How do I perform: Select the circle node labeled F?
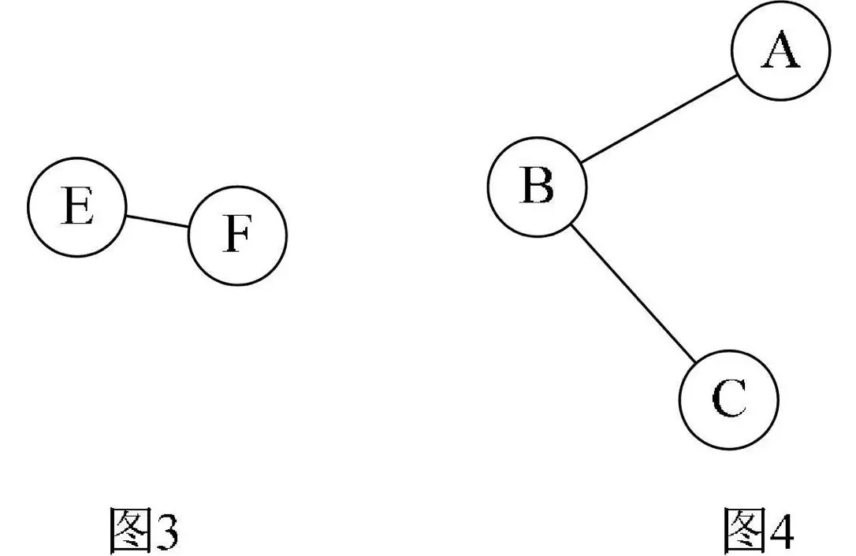point(237,235)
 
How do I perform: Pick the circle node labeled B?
point(537,186)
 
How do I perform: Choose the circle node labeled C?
point(728,399)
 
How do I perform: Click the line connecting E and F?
point(157,221)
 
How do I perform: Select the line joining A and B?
point(659,120)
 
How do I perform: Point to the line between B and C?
point(633,293)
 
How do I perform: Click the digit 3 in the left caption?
point(166,532)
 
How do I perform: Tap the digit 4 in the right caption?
point(781,532)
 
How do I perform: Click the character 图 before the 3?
point(128,531)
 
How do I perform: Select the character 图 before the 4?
point(745,531)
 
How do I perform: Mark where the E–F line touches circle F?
point(189,227)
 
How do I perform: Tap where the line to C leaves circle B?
point(570,224)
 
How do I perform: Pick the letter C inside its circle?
point(728,400)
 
